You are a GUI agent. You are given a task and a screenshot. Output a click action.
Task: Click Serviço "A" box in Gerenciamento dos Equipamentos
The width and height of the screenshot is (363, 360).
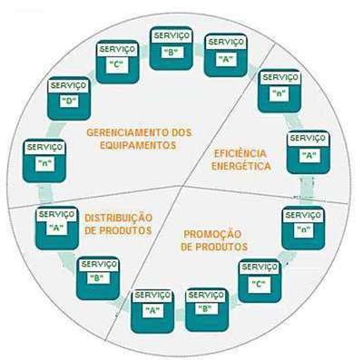(226, 55)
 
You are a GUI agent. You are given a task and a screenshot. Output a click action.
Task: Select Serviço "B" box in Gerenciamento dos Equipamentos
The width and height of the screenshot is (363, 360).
(172, 48)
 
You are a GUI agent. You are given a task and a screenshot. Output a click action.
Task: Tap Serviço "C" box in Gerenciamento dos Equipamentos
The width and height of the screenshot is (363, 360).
(117, 62)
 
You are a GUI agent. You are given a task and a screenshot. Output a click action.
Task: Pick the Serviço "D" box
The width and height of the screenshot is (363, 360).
(69, 99)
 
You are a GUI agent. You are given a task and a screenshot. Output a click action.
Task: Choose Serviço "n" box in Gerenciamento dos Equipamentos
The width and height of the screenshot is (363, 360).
(44, 161)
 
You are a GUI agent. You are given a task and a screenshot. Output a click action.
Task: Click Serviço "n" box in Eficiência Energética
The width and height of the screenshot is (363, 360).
(280, 91)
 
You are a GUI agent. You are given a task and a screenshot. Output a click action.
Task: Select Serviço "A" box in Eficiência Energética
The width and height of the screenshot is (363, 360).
(309, 152)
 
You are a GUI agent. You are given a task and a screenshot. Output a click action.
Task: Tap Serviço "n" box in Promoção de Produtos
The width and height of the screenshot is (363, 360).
(303, 228)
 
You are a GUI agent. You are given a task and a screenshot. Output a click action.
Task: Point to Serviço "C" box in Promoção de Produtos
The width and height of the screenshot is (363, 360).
(260, 281)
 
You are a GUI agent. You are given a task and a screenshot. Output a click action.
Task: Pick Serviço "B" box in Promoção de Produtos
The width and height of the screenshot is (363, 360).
(207, 310)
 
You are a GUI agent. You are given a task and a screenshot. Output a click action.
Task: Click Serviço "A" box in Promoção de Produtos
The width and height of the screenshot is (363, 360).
(152, 312)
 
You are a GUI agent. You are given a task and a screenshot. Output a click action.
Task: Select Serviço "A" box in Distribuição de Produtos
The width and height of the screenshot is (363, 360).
(57, 229)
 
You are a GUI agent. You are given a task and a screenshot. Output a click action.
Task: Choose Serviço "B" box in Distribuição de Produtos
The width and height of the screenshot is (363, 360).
(98, 278)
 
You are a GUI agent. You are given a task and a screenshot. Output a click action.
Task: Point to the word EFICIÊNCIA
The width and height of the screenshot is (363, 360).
(240, 153)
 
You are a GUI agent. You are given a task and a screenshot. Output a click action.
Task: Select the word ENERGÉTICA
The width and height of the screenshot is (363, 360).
(241, 166)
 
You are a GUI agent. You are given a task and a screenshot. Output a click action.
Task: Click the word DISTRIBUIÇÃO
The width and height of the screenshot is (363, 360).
(118, 218)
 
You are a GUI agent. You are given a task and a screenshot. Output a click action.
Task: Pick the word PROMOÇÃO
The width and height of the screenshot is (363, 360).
(212, 234)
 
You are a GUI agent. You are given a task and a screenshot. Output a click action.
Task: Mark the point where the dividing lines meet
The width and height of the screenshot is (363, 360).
(181, 186)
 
